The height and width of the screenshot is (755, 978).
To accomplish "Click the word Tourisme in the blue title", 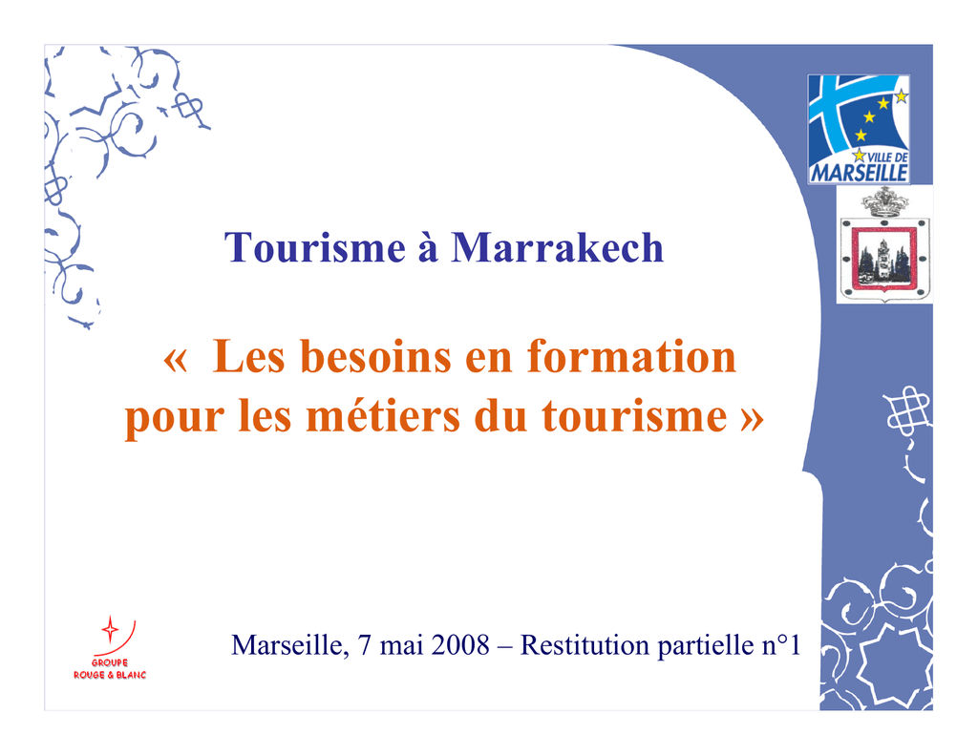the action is coord(315,247).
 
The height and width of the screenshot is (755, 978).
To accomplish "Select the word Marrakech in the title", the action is coord(557,247).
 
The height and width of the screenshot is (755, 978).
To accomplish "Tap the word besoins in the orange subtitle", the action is coord(376,357).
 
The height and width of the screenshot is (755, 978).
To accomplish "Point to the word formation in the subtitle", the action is coord(632,357).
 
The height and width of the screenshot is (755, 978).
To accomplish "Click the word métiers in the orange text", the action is coord(383,416).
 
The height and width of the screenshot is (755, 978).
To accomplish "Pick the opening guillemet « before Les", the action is coord(176,361).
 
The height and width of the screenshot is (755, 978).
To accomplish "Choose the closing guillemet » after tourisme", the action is coord(753,419).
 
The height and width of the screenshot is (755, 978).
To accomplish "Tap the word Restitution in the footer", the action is coord(585,644).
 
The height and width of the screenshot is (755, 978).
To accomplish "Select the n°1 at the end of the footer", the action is coord(781,644).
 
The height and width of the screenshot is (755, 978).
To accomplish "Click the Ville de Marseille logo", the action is coord(859,129).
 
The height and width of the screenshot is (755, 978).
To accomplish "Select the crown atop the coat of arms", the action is coord(884,202).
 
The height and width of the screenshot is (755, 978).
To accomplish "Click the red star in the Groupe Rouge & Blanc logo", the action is coord(110,630).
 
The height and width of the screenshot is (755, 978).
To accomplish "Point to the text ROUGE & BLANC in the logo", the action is coord(110,675).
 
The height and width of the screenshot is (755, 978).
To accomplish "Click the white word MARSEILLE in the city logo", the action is coord(859,173).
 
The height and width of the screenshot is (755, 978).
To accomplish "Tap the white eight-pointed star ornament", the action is coord(892,663).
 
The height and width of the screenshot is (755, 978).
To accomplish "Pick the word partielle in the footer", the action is coord(706,645).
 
